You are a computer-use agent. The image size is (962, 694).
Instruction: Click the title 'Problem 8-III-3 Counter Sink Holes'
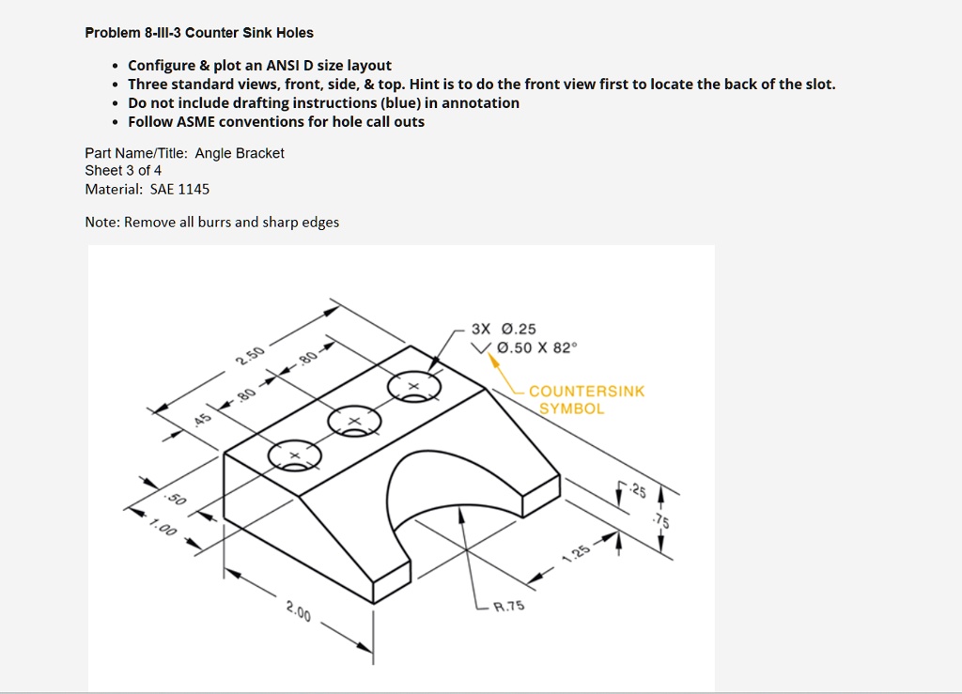(199, 33)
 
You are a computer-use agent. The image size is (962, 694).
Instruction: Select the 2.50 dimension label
(250, 358)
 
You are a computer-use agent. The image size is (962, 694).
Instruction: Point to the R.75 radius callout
(509, 606)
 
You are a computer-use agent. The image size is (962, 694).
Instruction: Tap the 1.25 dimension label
(577, 553)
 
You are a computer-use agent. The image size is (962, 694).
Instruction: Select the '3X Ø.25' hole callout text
(504, 329)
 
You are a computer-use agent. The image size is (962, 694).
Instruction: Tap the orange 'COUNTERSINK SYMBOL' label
(586, 400)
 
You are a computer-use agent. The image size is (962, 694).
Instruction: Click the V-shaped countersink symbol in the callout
(482, 348)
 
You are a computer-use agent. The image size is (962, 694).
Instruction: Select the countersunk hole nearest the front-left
(294, 455)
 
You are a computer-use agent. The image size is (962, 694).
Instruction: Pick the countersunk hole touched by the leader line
(413, 386)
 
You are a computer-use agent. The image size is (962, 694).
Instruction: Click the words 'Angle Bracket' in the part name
(240, 153)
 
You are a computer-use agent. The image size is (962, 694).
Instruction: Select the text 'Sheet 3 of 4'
(123, 170)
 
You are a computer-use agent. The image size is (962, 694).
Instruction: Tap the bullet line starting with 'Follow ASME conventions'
(276, 121)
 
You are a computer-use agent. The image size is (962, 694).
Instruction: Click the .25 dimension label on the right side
(639, 489)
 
